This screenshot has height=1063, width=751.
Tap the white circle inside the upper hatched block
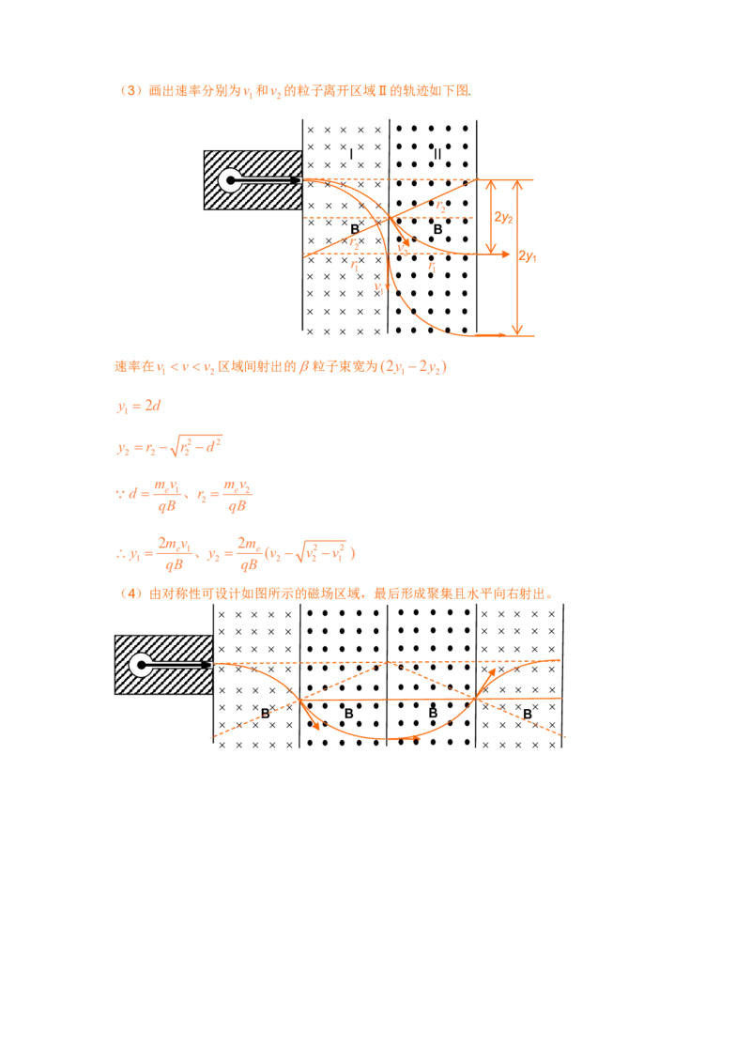coord(228,179)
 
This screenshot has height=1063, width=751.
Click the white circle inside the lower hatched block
coord(140,665)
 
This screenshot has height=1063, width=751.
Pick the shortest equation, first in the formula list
coord(139,406)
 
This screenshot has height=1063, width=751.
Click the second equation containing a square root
coord(170,446)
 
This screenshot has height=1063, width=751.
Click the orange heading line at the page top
coord(296,91)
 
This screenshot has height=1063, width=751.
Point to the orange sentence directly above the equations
coord(282,366)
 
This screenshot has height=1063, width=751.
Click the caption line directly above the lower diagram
coord(338,593)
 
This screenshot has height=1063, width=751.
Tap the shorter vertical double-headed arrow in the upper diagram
coord(490,216)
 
